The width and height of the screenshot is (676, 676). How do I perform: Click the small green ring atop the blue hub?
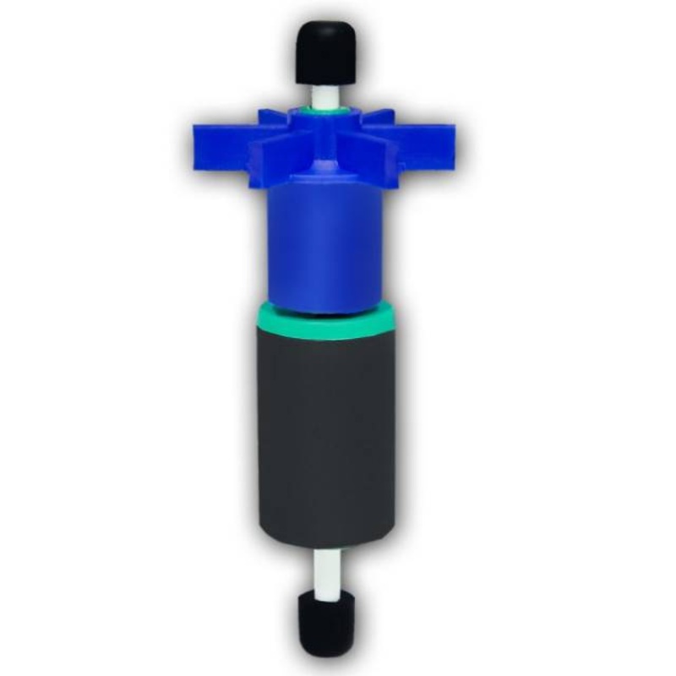pos(324,111)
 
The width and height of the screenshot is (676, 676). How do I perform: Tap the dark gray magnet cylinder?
pos(326,422)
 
